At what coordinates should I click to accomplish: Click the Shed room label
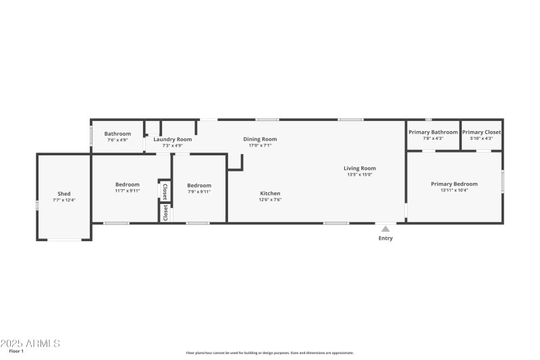(x=63, y=194)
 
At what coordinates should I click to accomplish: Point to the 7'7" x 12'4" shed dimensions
(x=63, y=200)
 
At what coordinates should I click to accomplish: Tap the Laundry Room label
(x=172, y=139)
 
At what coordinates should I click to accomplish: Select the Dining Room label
(x=260, y=139)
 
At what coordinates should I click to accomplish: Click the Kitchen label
(x=270, y=193)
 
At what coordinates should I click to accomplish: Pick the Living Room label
(x=359, y=168)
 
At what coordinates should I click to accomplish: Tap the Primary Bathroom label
(x=433, y=132)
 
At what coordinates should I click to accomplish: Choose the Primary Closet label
(x=481, y=132)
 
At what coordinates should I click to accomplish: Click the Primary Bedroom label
(x=454, y=184)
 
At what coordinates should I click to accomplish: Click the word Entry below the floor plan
(x=385, y=238)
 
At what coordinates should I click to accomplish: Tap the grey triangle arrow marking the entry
(x=385, y=228)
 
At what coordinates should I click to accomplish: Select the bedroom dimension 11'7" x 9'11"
(x=127, y=191)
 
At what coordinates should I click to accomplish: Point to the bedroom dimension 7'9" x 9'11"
(x=199, y=192)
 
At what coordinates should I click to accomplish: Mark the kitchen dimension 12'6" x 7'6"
(x=270, y=200)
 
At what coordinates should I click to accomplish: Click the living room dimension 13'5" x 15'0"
(x=359, y=175)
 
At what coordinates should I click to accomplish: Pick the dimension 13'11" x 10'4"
(x=454, y=190)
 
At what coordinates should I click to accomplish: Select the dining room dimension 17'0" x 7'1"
(x=260, y=145)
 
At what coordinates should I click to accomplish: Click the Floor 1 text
(x=17, y=352)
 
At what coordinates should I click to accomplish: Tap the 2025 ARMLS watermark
(x=30, y=343)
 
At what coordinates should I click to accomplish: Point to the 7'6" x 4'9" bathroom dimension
(x=117, y=140)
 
